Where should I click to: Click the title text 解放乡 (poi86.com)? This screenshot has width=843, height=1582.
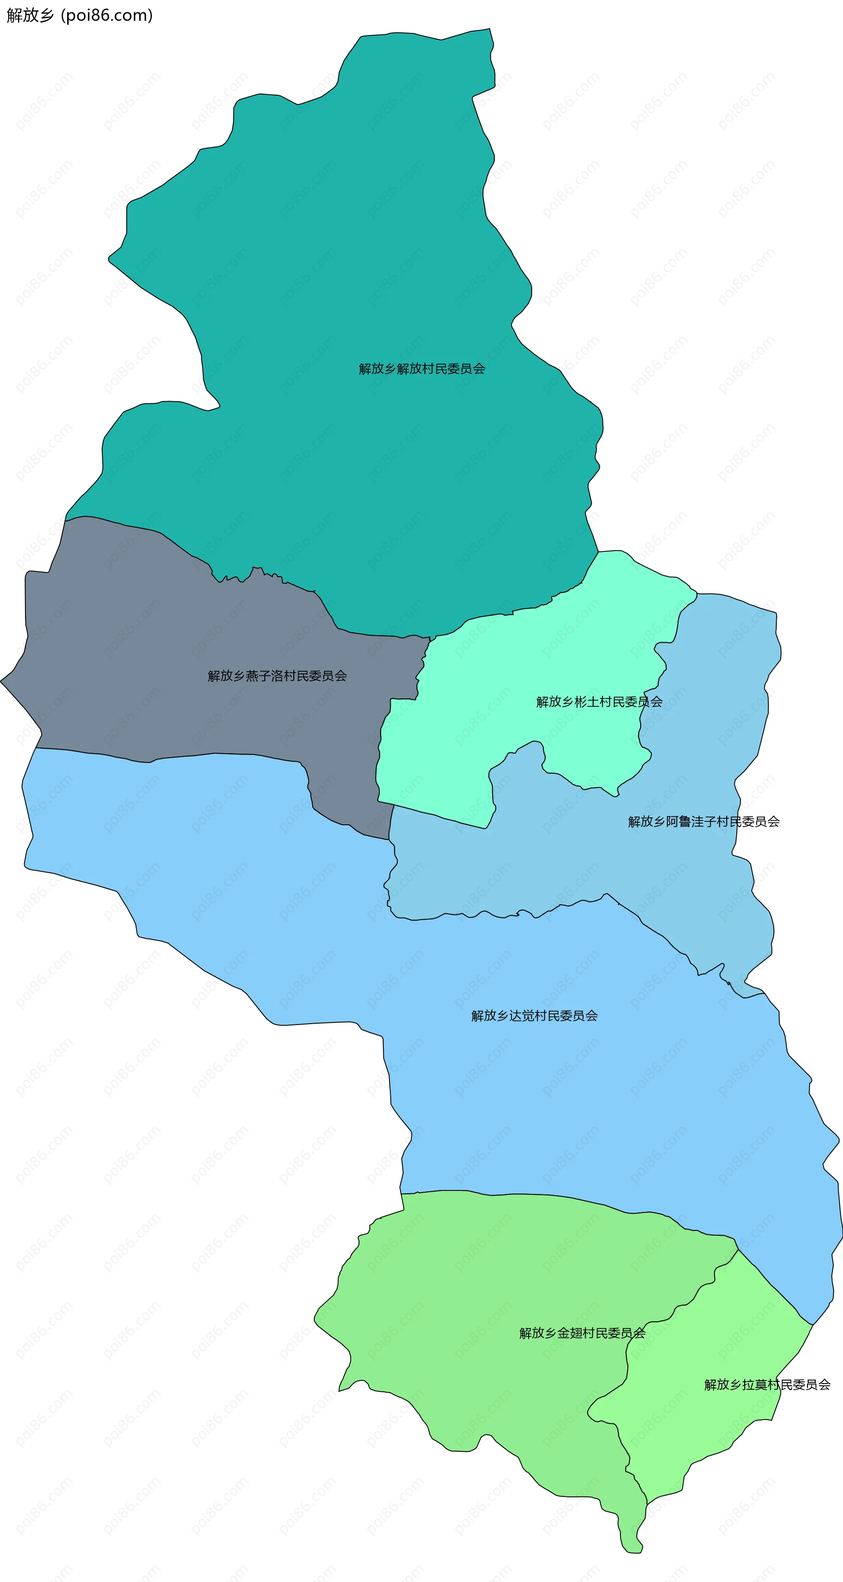pos(79,15)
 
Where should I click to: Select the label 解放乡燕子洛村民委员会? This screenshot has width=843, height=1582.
pos(277,676)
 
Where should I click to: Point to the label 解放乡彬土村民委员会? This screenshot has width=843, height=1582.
pos(599,702)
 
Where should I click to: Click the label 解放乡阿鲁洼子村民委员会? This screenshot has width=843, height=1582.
pos(703,822)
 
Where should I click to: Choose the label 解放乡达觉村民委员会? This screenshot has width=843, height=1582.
pos(534,1016)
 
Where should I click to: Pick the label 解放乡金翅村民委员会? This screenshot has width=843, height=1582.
pos(582,1333)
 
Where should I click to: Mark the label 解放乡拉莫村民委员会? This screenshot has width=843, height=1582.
pos(767,1385)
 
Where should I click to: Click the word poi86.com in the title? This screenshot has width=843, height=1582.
pos(107,15)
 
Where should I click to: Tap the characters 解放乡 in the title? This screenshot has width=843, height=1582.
pos(30,15)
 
